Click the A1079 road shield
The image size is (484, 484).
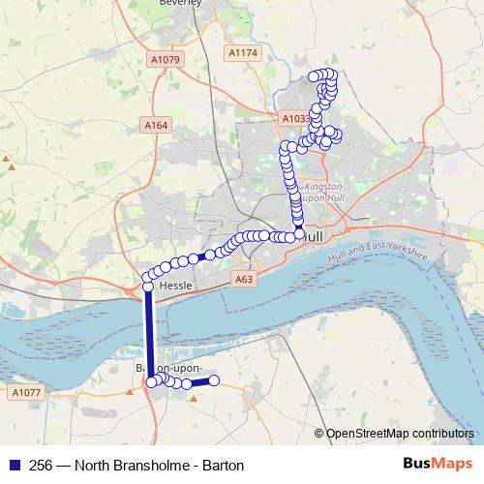(166, 60)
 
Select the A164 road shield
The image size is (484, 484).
(156, 125)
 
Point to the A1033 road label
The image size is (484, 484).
(295, 118)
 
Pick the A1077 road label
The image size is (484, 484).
(26, 392)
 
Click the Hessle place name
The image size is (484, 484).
(177, 287)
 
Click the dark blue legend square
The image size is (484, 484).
(14, 465)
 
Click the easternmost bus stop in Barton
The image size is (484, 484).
(214, 380)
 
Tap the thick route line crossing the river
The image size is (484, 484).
(149, 334)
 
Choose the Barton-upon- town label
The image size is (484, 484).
(168, 369)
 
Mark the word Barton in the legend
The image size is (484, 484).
(222, 465)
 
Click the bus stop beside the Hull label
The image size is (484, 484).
(299, 233)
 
